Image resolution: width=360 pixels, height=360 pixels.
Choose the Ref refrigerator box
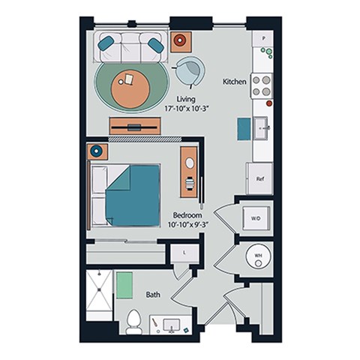pyautogui.click(x=260, y=179)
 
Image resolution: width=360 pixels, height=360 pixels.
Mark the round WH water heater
pyautogui.click(x=256, y=256)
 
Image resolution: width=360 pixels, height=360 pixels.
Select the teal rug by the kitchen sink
pyautogui.click(x=245, y=128)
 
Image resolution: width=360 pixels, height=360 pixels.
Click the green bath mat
pyautogui.click(x=124, y=286)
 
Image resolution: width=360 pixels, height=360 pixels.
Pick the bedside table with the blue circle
pyautogui.click(x=96, y=151)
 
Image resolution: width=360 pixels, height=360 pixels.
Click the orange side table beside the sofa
pyautogui.click(x=182, y=42)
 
